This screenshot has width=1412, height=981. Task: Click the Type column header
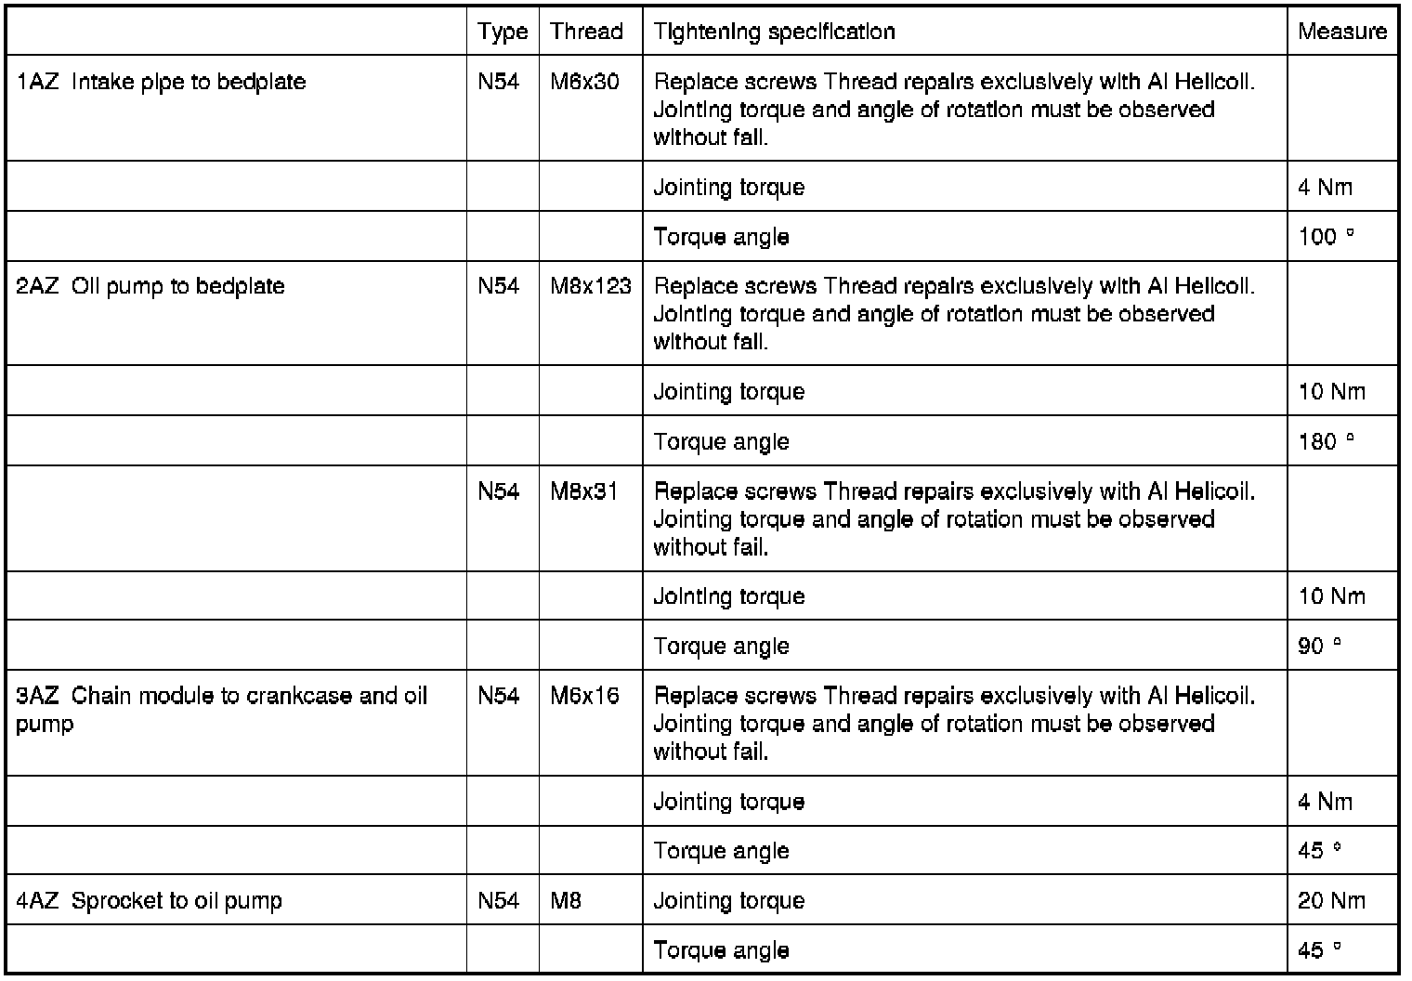pyautogui.click(x=503, y=32)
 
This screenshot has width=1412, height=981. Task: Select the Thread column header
pyautogui.click(x=586, y=32)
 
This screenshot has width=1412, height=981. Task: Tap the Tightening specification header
pyautogui.click(x=774, y=32)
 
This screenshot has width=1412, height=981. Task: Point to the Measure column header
pyautogui.click(x=1342, y=32)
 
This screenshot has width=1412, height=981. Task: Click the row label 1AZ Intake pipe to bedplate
pyautogui.click(x=161, y=82)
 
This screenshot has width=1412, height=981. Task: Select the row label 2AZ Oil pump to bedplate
pyautogui.click(x=150, y=286)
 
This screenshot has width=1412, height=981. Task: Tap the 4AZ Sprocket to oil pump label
pyautogui.click(x=149, y=900)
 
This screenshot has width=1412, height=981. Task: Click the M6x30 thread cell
pyautogui.click(x=584, y=82)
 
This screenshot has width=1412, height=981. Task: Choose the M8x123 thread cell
pyautogui.click(x=591, y=286)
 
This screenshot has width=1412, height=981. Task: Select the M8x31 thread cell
pyautogui.click(x=584, y=490)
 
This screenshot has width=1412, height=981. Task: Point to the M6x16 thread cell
pyautogui.click(x=584, y=696)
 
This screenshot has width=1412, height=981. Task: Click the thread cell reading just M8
pyautogui.click(x=566, y=900)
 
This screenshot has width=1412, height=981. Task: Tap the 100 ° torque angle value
pyautogui.click(x=1326, y=237)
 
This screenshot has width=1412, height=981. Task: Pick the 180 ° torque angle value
pyautogui.click(x=1326, y=441)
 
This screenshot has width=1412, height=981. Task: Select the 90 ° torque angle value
pyautogui.click(x=1319, y=646)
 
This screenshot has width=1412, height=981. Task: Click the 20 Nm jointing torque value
pyautogui.click(x=1331, y=900)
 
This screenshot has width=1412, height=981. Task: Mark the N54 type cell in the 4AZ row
pyautogui.click(x=499, y=900)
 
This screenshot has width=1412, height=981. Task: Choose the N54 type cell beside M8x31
pyautogui.click(x=499, y=490)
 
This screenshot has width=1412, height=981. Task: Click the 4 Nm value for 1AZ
pyautogui.click(x=1325, y=188)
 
